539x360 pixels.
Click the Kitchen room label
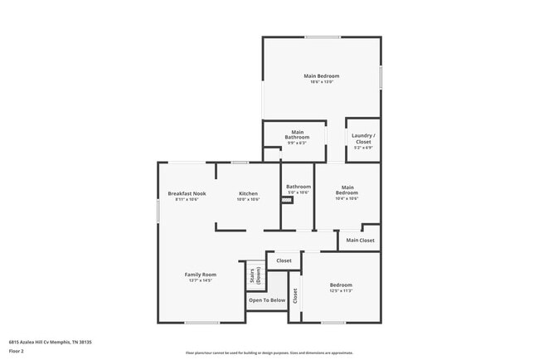249,193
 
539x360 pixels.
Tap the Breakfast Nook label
187,193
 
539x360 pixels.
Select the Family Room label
200,275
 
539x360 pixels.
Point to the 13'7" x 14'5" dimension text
200,281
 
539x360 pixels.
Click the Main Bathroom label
297,134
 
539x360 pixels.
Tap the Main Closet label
360,241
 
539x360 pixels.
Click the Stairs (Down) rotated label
255,275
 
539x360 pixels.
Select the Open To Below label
267,300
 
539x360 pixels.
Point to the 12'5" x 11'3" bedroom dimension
341,290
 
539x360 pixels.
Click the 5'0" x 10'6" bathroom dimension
299,192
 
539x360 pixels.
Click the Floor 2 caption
17,351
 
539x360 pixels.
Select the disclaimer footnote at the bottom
269,353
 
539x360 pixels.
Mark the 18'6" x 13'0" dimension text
321,81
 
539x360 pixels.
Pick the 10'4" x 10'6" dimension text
347,198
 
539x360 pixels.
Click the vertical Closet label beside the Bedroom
295,295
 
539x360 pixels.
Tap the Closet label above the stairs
284,260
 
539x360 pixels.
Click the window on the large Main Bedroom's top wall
322,36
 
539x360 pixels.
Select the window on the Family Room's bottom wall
202,323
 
